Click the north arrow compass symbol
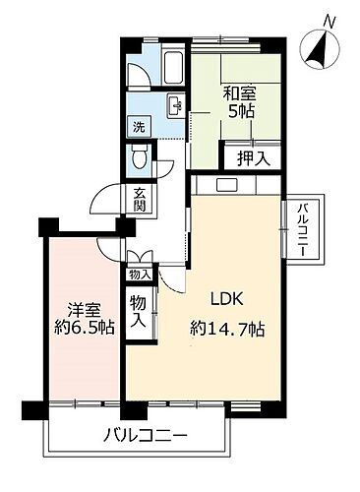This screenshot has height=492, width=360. pyautogui.click(x=323, y=49)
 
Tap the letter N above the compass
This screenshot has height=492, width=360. pyautogui.click(x=330, y=20)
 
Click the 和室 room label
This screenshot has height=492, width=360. pyautogui.click(x=237, y=95)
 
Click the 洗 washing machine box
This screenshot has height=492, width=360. pyautogui.click(x=140, y=127)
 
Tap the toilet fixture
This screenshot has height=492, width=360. pyautogui.click(x=141, y=156)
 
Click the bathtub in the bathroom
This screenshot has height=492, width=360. pyautogui.click(x=172, y=68)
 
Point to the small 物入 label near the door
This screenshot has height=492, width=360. pyautogui.click(x=140, y=276)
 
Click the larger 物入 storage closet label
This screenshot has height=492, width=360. pyautogui.click(x=139, y=312)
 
